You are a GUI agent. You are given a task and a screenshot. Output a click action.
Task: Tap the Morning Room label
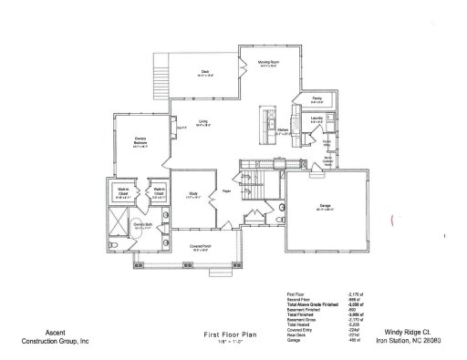click(267, 63)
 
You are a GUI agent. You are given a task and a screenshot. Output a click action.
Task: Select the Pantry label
click(317, 98)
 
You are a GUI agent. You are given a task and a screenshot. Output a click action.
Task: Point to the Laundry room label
click(317, 118)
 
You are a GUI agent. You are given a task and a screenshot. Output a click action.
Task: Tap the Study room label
click(194, 193)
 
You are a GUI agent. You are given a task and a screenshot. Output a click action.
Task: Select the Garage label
click(325, 208)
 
